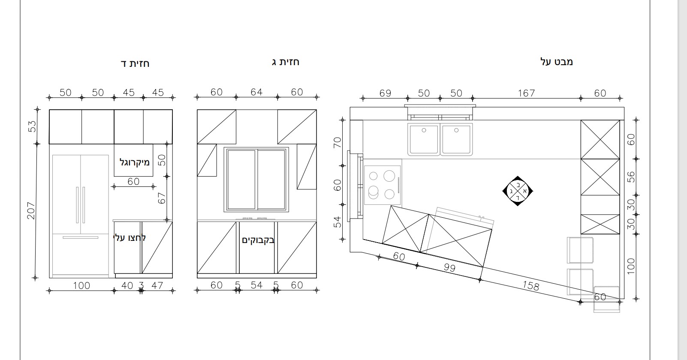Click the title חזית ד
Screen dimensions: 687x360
[135, 63]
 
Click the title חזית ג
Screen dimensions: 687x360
[285, 62]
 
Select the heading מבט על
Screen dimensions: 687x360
[556, 62]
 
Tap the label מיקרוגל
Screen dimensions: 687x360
[135, 162]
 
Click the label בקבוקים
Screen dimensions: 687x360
[258, 240]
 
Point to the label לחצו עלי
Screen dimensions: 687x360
[130, 238]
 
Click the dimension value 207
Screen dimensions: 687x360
[31, 210]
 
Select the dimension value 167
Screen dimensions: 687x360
[526, 93]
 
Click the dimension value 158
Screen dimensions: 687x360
[530, 285]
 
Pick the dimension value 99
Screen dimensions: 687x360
[449, 267]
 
